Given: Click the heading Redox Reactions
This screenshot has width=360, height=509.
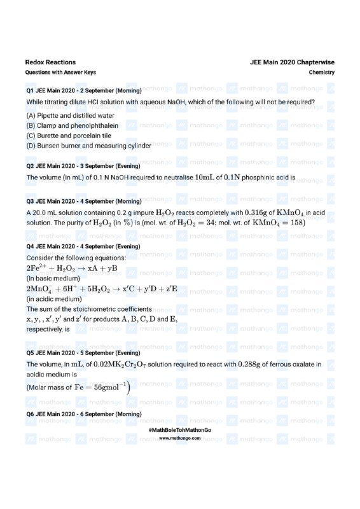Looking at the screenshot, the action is [50, 62].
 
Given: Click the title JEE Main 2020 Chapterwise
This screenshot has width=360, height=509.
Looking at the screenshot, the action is [293, 62].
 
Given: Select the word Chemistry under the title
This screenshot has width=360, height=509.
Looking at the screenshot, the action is [322, 73].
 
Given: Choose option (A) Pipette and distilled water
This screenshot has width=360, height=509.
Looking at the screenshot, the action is [71, 116].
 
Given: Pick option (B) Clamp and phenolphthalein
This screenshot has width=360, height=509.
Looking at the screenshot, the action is [73, 126].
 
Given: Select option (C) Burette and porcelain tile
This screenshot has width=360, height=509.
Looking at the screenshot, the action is [69, 136].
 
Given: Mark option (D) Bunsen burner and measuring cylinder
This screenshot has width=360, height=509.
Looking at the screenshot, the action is [89, 146].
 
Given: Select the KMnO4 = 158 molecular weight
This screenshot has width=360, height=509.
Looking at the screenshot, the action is [279, 223].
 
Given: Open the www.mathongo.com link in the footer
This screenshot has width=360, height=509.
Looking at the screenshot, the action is [179, 438].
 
